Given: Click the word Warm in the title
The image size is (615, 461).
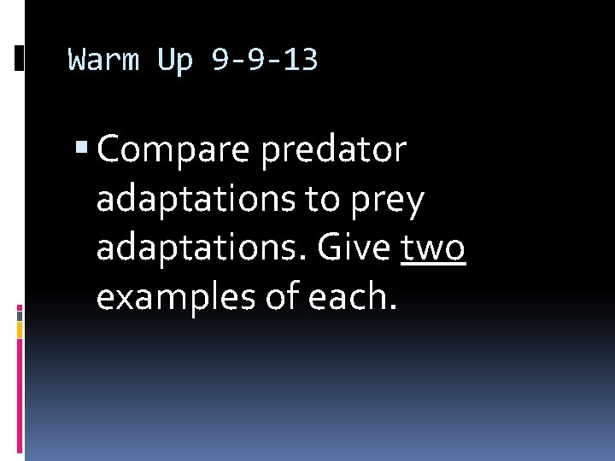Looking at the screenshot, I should click(x=102, y=61).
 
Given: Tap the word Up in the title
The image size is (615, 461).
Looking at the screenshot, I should click(x=175, y=61).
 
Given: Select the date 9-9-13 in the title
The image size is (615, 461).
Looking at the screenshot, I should click(x=264, y=61).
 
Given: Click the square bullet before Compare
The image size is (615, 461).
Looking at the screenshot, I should click(x=82, y=150).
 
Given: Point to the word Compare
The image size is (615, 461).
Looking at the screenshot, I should click(x=174, y=151).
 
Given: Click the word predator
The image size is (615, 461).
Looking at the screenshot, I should click(x=334, y=151).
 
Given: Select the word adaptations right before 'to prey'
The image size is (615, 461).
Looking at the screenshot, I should click(x=202, y=201).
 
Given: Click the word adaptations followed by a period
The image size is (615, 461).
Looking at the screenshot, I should click(x=204, y=249).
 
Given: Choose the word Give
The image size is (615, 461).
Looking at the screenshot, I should click(x=355, y=249).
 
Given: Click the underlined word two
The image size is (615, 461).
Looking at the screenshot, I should click(x=433, y=249).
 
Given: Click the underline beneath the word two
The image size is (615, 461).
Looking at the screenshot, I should click(x=433, y=265).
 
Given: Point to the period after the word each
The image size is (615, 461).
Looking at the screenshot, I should click(x=394, y=308).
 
